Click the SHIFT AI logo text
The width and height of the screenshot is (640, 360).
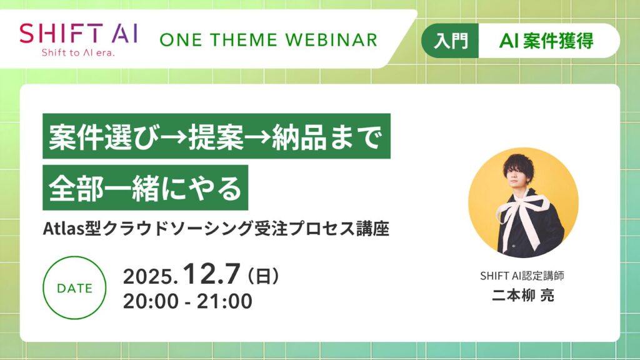point(79,32)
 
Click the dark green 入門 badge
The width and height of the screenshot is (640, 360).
point(451,41)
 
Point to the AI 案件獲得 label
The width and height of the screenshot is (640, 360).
point(547,41)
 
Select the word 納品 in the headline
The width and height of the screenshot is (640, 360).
point(294,136)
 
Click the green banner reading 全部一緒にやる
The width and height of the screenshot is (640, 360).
point(145,187)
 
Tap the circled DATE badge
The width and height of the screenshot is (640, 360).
point(74,288)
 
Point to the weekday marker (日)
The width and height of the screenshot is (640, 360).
point(263,275)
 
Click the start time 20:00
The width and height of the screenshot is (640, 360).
point(151,301)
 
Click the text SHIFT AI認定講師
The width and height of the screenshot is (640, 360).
point(523,276)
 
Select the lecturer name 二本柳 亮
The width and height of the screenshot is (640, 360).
point(523,295)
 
